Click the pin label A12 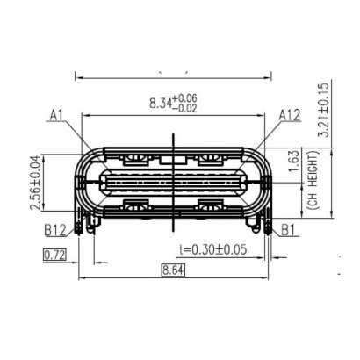291,114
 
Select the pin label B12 55,231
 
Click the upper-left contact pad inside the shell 136,160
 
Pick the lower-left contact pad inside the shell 136,207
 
